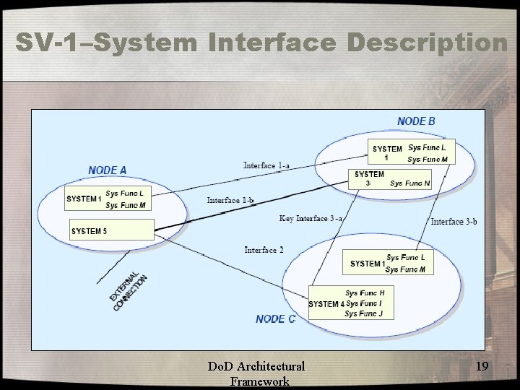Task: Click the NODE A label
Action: [x=108, y=170]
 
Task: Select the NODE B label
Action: [x=416, y=121]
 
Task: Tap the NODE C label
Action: [x=275, y=318]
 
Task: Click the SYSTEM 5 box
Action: [x=112, y=230]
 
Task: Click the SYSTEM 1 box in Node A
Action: [x=107, y=199]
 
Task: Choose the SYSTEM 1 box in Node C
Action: [x=389, y=263]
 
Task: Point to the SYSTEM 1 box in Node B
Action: [x=409, y=153]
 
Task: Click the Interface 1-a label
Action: [x=266, y=165]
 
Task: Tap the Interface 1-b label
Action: [x=230, y=200]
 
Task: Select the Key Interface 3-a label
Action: [x=311, y=218]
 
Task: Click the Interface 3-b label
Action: [x=454, y=222]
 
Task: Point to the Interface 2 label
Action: [x=264, y=250]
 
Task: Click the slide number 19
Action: [x=482, y=367]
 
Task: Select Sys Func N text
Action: [x=409, y=183]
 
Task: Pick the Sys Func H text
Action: [x=365, y=293]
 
